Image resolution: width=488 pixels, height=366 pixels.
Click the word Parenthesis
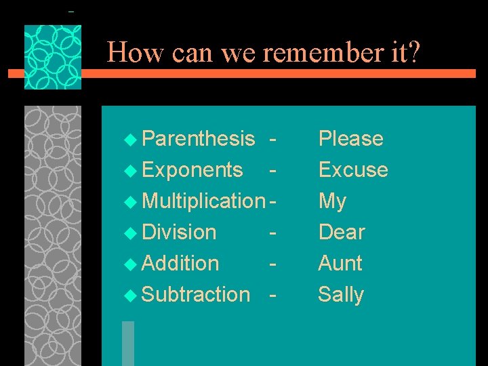tap(199, 139)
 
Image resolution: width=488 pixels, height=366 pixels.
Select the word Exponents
tap(192, 170)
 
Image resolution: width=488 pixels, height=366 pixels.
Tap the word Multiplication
tap(204, 201)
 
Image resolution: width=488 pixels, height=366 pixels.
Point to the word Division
tap(179, 232)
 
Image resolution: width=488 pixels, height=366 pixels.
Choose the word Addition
tap(180, 264)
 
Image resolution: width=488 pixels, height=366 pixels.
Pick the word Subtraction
tap(196, 295)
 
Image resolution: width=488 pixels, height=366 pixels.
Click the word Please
tap(350, 139)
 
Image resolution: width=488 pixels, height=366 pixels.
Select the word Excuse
tap(353, 170)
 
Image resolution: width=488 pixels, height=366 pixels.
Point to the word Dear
tap(342, 232)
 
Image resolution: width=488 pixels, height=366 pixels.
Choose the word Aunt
tap(340, 264)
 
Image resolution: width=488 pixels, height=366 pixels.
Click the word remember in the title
tap(309, 52)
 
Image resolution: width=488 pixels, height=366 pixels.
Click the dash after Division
tap(272, 232)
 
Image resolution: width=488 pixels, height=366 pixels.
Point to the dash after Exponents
tap(272, 170)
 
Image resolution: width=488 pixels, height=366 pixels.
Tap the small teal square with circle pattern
tap(53, 58)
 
